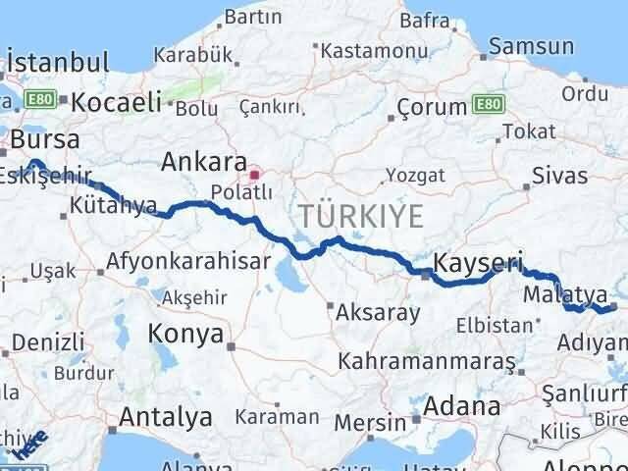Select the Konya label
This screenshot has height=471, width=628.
click(185, 334)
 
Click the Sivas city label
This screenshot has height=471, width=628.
click(559, 177)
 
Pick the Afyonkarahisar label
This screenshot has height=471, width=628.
click(175, 262)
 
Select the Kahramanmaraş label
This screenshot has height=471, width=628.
click(426, 361)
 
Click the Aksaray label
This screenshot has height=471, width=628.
click(378, 313)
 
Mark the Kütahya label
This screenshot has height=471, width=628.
click(114, 206)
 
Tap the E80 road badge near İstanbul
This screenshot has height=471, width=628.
click(42, 99)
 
